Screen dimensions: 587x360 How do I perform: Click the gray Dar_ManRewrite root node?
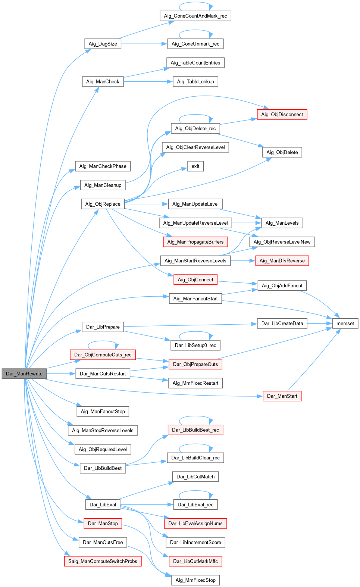pyautogui.click(x=24, y=374)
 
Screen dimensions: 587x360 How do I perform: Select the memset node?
pyautogui.click(x=345, y=324)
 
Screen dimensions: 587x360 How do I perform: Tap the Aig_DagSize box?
pyautogui.click(x=103, y=44)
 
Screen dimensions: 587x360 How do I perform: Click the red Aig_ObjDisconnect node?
pyautogui.click(x=282, y=115)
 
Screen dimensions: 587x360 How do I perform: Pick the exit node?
pyautogui.click(x=195, y=166)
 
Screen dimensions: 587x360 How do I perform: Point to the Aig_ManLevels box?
pyautogui.click(x=282, y=223)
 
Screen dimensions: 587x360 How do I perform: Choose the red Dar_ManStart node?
pyautogui.click(x=282, y=396)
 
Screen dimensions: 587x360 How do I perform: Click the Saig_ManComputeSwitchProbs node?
pyautogui.click(x=103, y=561)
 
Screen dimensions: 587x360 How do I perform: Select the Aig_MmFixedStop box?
pyautogui.click(x=195, y=580)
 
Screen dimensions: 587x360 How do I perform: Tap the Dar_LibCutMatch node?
pyautogui.click(x=195, y=477)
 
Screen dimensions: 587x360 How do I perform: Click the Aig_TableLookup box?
pyautogui.click(x=195, y=82)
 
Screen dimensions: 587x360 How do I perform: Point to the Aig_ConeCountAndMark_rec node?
pyautogui.click(x=195, y=16)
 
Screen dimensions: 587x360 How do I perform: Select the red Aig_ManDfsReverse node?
pyautogui.click(x=282, y=261)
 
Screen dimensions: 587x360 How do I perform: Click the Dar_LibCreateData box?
pyautogui.click(x=282, y=324)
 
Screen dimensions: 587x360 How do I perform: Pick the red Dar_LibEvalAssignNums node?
pyautogui.click(x=195, y=524)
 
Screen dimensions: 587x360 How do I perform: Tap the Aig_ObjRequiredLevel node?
pyautogui.click(x=103, y=449)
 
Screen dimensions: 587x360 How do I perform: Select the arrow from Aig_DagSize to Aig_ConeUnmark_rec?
pyautogui.click(x=144, y=44)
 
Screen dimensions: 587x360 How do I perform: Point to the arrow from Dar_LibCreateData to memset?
pyautogui.click(x=320, y=324)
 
